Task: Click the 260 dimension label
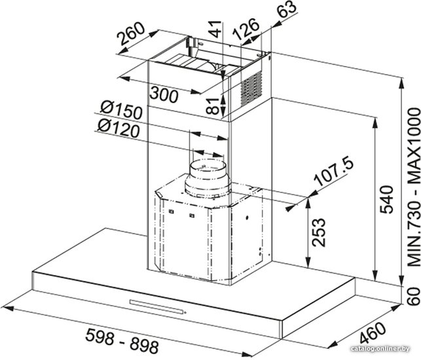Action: point(132,34)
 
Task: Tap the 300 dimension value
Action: point(164,94)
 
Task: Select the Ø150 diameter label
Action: point(121,111)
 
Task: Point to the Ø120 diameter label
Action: point(119,128)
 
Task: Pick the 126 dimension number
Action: point(246,29)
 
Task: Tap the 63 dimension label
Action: point(287,9)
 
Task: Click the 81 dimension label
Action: point(215,106)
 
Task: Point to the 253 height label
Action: point(319,232)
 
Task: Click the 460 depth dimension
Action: point(373,333)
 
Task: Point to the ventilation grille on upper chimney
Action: point(251,88)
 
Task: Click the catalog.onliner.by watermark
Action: point(380,349)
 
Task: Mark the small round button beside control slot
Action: point(185,312)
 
